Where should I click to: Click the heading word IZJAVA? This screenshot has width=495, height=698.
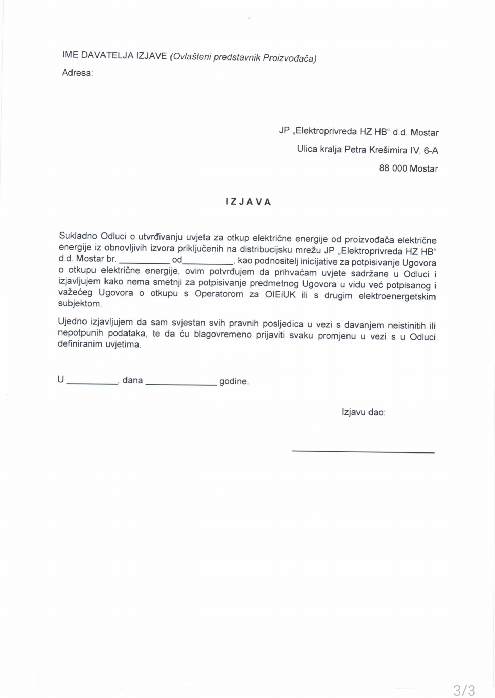[248, 202]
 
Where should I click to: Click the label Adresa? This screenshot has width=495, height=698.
[77, 73]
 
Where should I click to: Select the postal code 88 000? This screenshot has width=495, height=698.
[393, 168]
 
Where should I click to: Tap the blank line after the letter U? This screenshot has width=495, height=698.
[92, 383]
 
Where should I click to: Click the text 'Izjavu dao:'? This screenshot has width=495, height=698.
[364, 412]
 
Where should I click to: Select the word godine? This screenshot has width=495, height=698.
[234, 381]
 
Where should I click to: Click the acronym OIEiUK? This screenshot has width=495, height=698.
[280, 295]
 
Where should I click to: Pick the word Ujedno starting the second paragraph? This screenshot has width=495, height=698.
[73, 321]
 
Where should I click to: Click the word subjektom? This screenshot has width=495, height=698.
[80, 304]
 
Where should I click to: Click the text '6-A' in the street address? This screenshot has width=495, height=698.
[431, 151]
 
